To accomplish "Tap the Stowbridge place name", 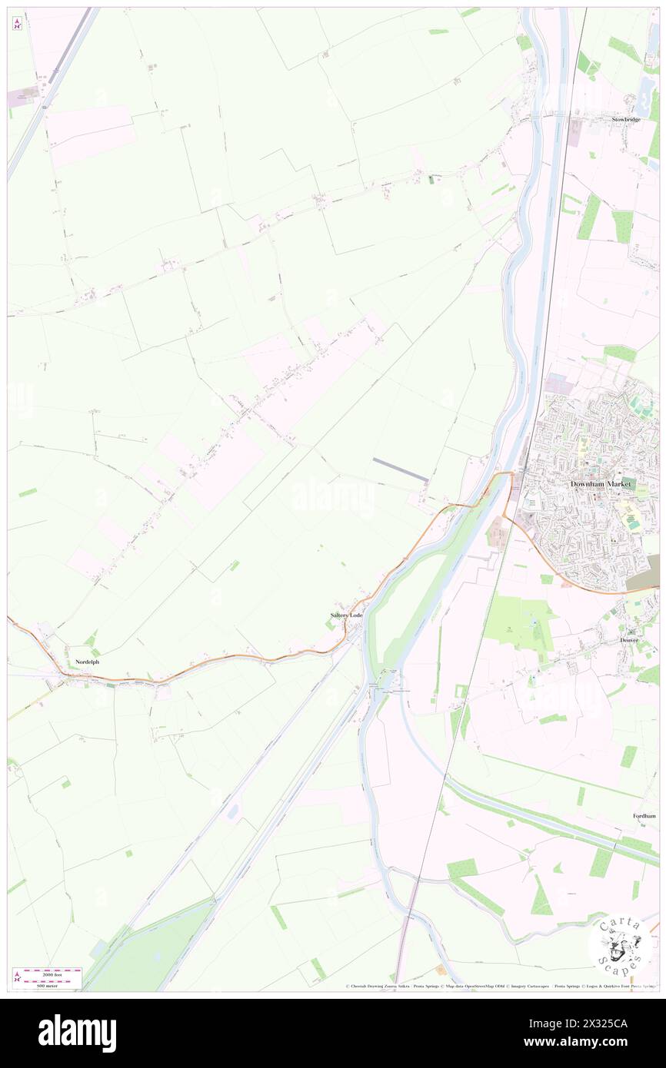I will pyautogui.click(x=625, y=120).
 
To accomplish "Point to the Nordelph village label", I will pyautogui.click(x=87, y=662).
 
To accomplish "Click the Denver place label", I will pyautogui.click(x=629, y=640).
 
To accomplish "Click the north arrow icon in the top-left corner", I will pyautogui.click(x=17, y=24).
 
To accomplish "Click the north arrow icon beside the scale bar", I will pyautogui.click(x=17, y=978).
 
